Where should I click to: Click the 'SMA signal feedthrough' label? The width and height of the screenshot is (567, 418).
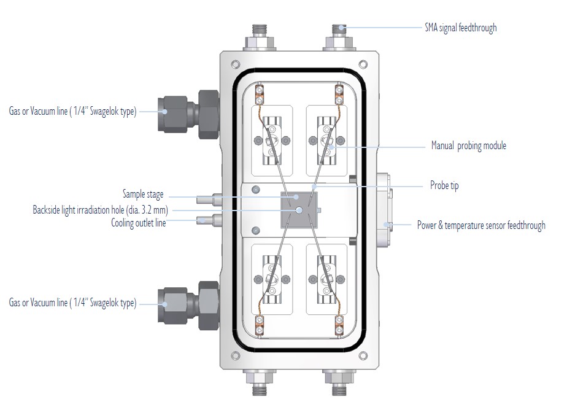tap(460, 28)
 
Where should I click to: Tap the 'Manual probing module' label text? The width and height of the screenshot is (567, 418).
tap(469, 146)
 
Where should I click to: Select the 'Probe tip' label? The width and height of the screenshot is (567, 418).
tap(444, 185)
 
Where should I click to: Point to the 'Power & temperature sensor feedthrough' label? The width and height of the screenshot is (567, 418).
tap(481, 225)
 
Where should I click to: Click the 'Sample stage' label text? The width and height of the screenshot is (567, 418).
tap(143, 195)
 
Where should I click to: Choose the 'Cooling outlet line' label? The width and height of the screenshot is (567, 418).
tap(139, 222)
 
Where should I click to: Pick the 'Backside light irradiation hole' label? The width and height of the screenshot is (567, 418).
tap(100, 209)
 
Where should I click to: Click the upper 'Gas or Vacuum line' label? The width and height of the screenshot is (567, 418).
tap(72, 111)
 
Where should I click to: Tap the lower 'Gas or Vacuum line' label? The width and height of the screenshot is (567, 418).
tap(72, 303)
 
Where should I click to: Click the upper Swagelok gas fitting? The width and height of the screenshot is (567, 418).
tap(188, 111)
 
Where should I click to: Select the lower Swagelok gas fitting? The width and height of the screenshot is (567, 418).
tap(188, 303)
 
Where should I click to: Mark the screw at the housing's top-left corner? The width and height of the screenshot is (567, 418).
tap(233, 64)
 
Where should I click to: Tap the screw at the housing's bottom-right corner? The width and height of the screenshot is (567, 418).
tap(363, 355)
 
